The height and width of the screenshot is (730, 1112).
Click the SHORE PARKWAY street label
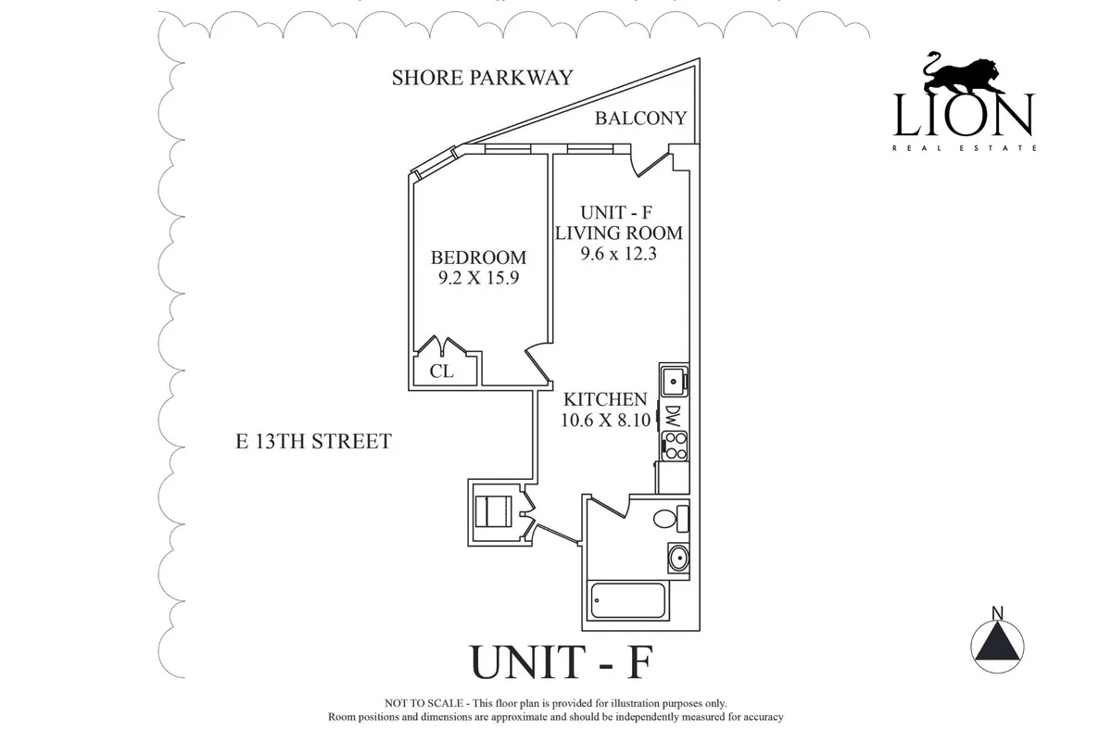click(x=483, y=77)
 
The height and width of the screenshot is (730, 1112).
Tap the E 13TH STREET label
click(x=313, y=441)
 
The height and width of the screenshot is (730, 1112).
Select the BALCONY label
click(x=640, y=119)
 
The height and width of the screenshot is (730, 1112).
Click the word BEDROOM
click(x=478, y=258)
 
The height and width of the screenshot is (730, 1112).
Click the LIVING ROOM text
click(x=618, y=233)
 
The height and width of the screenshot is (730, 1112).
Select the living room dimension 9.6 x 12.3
click(x=618, y=254)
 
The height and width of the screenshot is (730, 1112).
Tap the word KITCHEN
click(x=605, y=399)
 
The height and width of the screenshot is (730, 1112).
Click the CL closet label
click(x=441, y=371)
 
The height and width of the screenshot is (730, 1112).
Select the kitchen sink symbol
click(x=673, y=381)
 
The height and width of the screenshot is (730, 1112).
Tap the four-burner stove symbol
click(x=674, y=446)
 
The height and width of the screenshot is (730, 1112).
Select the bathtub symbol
click(x=628, y=604)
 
